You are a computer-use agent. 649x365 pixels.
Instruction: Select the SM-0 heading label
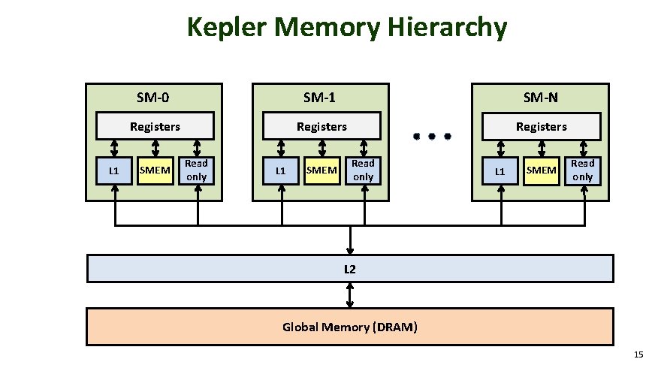coord(152,97)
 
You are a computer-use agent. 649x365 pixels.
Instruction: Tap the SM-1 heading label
coord(319,97)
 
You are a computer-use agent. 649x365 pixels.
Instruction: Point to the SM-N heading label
coord(541,97)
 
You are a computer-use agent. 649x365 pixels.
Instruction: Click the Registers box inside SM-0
coord(155,126)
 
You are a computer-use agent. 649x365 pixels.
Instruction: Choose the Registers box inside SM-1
coord(322,126)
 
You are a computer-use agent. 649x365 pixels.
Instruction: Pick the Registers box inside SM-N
coord(541,126)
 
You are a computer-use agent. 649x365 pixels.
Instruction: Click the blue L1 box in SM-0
coord(114,170)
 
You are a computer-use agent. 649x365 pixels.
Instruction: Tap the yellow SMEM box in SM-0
coord(155,170)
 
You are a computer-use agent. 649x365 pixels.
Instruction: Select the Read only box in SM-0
coord(197,170)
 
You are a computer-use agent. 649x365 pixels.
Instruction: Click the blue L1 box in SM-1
coord(281,170)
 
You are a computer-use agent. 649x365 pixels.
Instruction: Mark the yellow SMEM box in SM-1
coord(322,170)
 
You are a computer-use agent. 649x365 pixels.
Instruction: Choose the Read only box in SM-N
coord(583,170)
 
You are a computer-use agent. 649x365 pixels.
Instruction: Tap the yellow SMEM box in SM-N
coord(542,170)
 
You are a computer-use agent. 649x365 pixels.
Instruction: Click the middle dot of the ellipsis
coord(431,137)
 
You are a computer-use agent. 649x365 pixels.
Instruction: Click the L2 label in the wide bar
coord(350,268)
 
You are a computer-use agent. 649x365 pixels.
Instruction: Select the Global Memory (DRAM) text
coord(350,327)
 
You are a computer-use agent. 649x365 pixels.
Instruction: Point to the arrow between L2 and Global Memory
coord(350,294)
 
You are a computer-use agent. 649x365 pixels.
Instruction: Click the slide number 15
coord(638,354)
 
